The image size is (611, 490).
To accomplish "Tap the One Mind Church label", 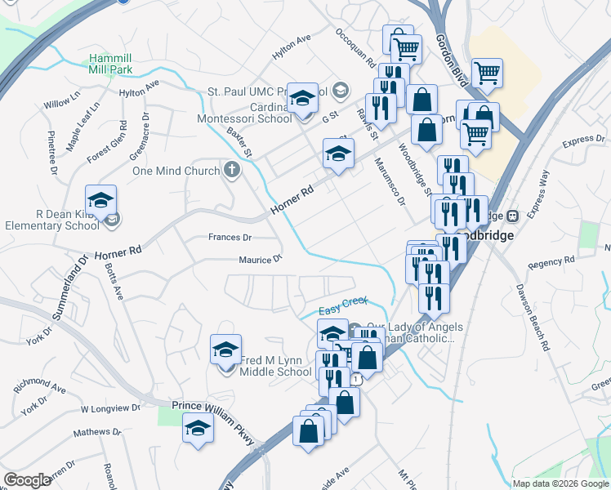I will [176, 171].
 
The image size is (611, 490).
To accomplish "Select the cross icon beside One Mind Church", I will [232, 171].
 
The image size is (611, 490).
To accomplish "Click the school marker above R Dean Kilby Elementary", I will [100, 201].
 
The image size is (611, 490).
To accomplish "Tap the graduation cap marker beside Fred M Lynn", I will [226, 350].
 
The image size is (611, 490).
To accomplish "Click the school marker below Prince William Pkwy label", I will [198, 429].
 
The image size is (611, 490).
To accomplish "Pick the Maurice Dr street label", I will [260, 260].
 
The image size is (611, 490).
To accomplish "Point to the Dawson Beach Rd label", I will [532, 318].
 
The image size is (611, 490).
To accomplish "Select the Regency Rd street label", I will [551, 262].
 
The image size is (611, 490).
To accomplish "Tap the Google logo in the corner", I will [27, 480].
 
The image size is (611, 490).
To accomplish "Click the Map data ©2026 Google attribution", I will [560, 483].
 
